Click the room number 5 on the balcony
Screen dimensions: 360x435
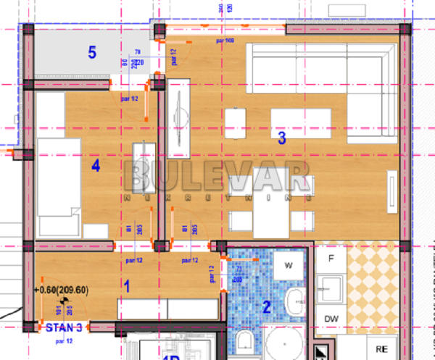(92, 52)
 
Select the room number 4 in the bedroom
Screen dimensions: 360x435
(96, 167)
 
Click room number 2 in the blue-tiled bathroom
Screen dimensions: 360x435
(266, 307)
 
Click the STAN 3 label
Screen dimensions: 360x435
(65, 327)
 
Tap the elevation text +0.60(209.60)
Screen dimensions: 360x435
(61, 290)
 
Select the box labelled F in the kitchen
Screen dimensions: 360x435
(331, 259)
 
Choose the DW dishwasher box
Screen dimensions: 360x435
(332, 319)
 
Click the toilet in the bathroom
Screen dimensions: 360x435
(244, 342)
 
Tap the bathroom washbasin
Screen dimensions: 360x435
(296, 301)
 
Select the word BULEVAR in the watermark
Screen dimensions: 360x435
(217, 176)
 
